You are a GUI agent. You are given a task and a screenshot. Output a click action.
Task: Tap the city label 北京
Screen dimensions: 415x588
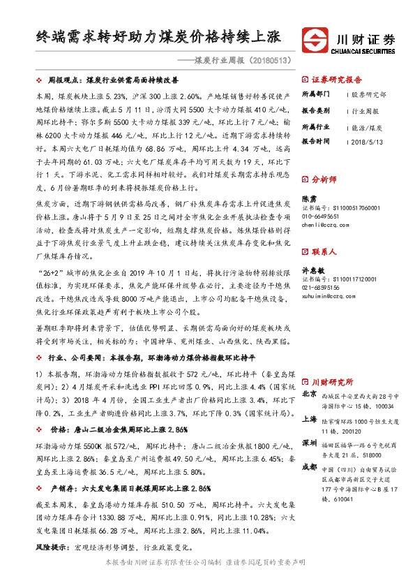pyautogui.click(x=310, y=395)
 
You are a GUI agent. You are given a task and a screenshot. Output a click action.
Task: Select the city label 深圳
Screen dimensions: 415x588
pyautogui.click(x=310, y=443)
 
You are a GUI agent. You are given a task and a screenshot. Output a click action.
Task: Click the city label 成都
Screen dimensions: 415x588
pyautogui.click(x=310, y=467)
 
